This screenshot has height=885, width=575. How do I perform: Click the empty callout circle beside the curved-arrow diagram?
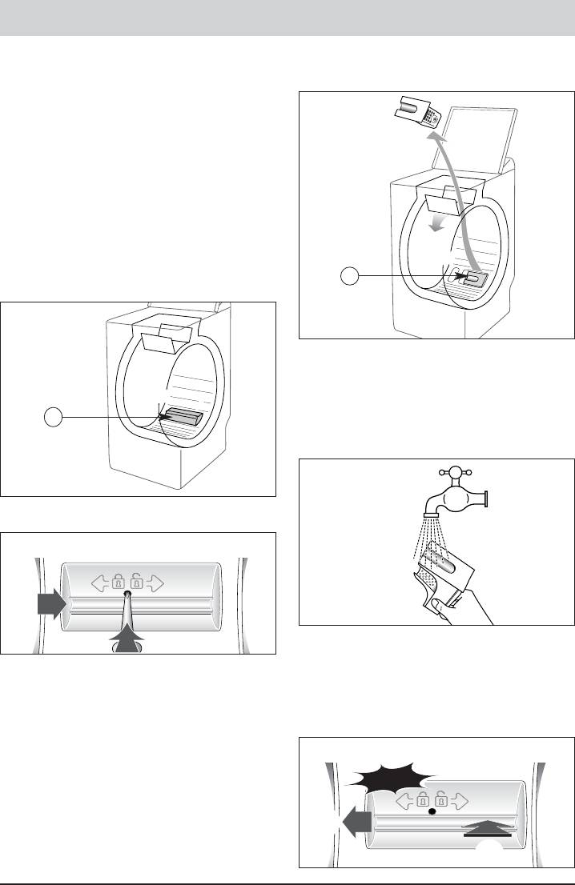[349, 277]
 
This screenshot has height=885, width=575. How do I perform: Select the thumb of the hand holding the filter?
[430, 596]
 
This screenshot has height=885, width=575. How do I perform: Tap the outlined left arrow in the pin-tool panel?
[100, 584]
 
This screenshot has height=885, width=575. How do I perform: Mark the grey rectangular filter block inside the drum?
[182, 418]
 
